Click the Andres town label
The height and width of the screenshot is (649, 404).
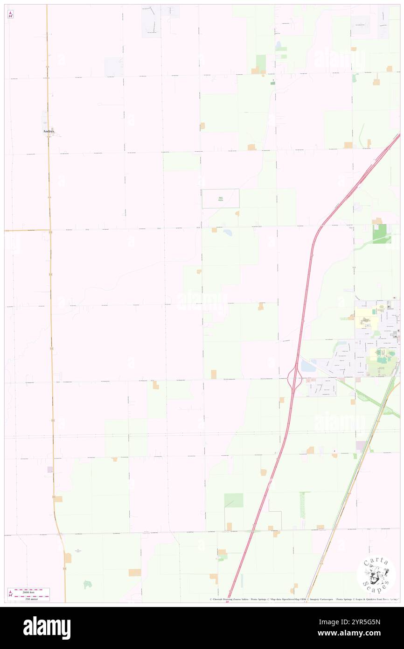[x=49, y=132]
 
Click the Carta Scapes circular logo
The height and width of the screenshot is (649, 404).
[x=376, y=574]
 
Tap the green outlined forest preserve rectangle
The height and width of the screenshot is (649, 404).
[x=220, y=198]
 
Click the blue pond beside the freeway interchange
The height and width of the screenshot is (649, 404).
[x=308, y=367]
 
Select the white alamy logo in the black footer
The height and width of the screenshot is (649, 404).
[x=47, y=628]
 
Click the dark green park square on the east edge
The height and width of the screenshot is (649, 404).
[x=379, y=233]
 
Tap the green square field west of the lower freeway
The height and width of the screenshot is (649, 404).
[x=233, y=500]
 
